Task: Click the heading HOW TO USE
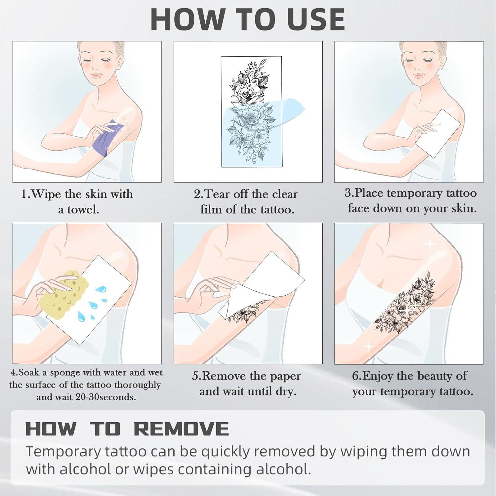pos(248,20)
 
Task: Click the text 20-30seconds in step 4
pos(105,397)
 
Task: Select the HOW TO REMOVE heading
pos(127,429)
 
